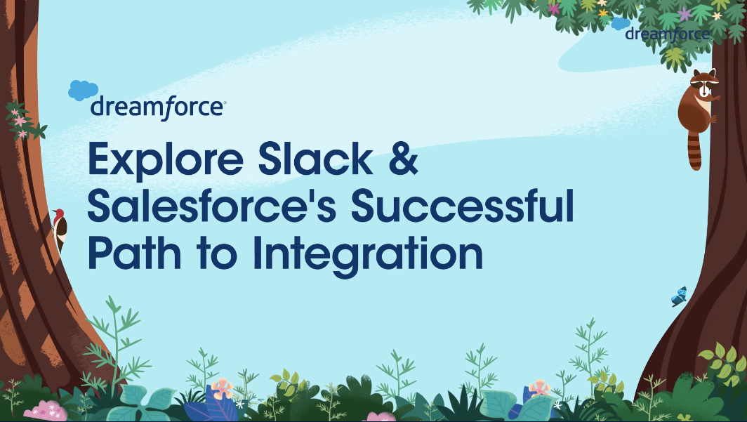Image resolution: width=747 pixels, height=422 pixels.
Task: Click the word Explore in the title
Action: point(166,159)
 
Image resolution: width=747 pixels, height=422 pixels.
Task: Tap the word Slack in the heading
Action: point(315,158)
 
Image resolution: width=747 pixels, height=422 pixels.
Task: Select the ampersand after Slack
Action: point(404,158)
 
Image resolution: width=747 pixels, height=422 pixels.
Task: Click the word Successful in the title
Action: point(463,205)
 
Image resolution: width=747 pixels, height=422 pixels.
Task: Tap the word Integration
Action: point(368,256)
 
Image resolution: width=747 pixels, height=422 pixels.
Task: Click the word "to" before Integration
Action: point(217,254)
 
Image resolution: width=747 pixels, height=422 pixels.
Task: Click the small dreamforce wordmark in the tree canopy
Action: point(668,34)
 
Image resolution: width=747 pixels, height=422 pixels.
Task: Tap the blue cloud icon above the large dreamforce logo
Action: point(83,90)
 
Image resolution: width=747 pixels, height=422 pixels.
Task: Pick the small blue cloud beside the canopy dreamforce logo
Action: point(621,23)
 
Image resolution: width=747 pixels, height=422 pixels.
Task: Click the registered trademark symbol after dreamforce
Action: point(225,102)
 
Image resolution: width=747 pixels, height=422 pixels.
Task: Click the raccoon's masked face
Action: point(704,84)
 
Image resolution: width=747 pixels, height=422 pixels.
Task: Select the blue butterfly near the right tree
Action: point(680,297)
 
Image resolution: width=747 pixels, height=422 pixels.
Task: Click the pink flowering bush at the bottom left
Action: point(46,410)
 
